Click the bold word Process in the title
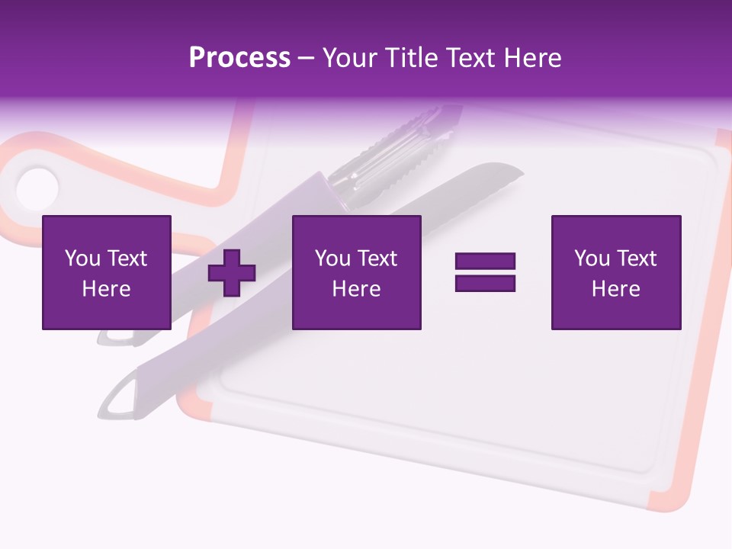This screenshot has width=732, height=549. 239,58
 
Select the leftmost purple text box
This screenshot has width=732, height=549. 106,272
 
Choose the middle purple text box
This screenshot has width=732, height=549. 356,272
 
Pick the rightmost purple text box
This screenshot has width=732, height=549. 615,272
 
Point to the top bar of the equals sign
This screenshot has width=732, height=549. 485,261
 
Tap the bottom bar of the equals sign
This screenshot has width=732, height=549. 485,283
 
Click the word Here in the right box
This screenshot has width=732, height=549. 615,289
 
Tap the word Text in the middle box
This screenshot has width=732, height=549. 377,258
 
